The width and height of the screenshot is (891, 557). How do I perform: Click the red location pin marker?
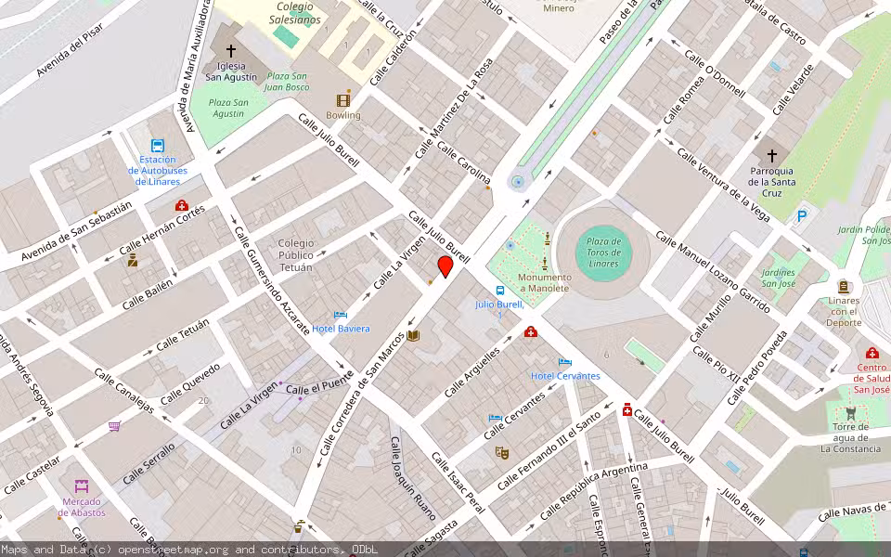(445, 267)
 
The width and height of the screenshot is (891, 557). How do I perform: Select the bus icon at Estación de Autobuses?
(158, 146)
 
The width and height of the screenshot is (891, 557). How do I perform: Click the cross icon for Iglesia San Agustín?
(231, 51)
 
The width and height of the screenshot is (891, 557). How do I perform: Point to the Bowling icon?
(343, 100)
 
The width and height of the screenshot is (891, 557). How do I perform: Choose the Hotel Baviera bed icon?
(341, 316)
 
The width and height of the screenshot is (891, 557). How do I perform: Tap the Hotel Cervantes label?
(564, 375)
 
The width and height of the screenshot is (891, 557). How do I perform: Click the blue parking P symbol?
(802, 215)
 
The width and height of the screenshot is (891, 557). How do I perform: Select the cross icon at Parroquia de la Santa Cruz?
(771, 155)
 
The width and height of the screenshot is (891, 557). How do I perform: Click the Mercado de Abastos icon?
(82, 486)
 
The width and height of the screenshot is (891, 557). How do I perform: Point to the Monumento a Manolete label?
(543, 282)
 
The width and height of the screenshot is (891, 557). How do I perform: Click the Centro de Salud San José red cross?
(872, 354)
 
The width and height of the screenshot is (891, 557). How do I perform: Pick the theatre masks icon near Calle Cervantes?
(502, 453)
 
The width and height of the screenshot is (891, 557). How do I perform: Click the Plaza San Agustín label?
(227, 108)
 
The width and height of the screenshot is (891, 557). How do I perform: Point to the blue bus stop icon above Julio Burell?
(500, 291)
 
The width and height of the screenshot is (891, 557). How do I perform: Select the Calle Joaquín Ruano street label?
(411, 479)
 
